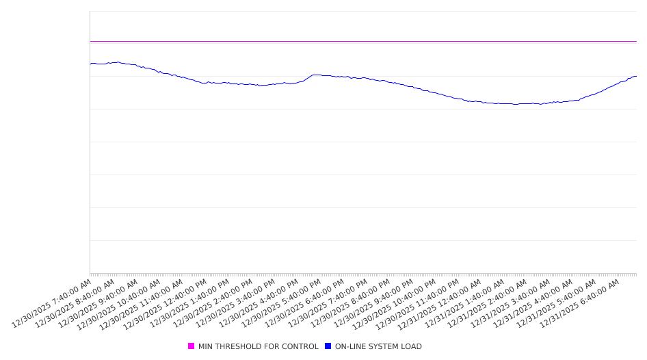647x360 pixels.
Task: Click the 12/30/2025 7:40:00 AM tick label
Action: (x=52, y=303)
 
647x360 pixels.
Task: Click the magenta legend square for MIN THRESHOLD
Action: (x=191, y=346)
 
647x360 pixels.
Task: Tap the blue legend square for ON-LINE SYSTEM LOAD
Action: (x=328, y=346)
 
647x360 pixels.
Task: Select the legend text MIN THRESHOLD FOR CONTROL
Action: (x=258, y=347)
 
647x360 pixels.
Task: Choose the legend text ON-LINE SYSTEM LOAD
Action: (x=378, y=347)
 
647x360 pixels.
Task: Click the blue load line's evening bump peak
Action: (x=315, y=75)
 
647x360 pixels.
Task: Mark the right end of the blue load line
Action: (x=636, y=76)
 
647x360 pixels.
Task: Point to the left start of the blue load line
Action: (x=90, y=64)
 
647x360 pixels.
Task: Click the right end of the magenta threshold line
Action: (x=636, y=41)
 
